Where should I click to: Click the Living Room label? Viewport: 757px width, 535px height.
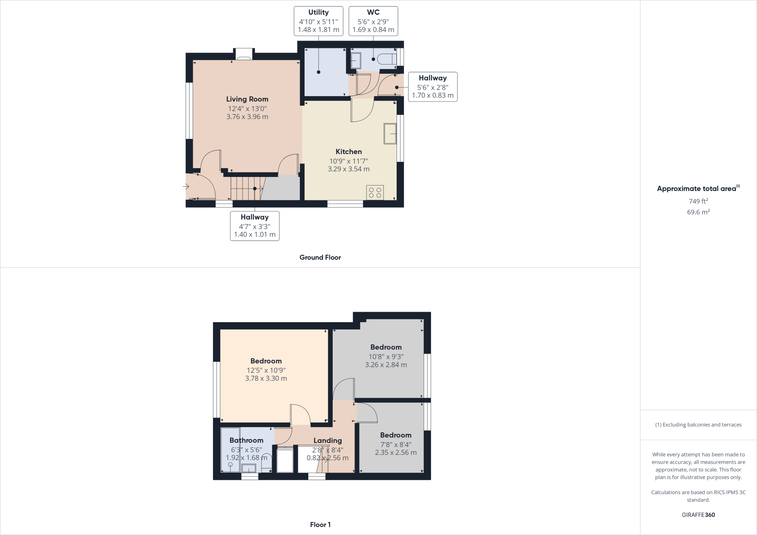point(247,99)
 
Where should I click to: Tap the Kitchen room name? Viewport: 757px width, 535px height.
point(349,151)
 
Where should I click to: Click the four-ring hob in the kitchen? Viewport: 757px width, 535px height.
point(375,192)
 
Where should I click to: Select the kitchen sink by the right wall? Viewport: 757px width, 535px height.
point(390,134)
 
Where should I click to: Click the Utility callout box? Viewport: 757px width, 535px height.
point(318,21)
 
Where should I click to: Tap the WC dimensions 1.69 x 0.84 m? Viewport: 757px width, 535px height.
point(373,30)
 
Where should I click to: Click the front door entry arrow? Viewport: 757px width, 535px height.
point(186,187)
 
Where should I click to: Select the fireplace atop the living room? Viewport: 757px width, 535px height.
point(244,54)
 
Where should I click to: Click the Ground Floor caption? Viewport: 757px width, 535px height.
point(320,258)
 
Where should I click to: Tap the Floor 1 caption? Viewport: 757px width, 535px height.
point(320,525)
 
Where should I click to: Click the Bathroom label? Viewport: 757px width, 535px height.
point(246,440)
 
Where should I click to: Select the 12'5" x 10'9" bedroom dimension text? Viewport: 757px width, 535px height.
point(266,370)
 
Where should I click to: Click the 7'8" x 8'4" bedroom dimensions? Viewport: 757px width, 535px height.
point(396,444)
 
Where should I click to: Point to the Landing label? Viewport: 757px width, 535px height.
point(327,440)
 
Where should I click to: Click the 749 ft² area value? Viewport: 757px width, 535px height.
point(698,201)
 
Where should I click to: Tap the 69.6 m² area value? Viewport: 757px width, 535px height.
point(698,212)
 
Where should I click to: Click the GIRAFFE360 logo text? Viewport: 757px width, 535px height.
point(698,515)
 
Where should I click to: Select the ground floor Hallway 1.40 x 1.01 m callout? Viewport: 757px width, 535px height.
point(254,226)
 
